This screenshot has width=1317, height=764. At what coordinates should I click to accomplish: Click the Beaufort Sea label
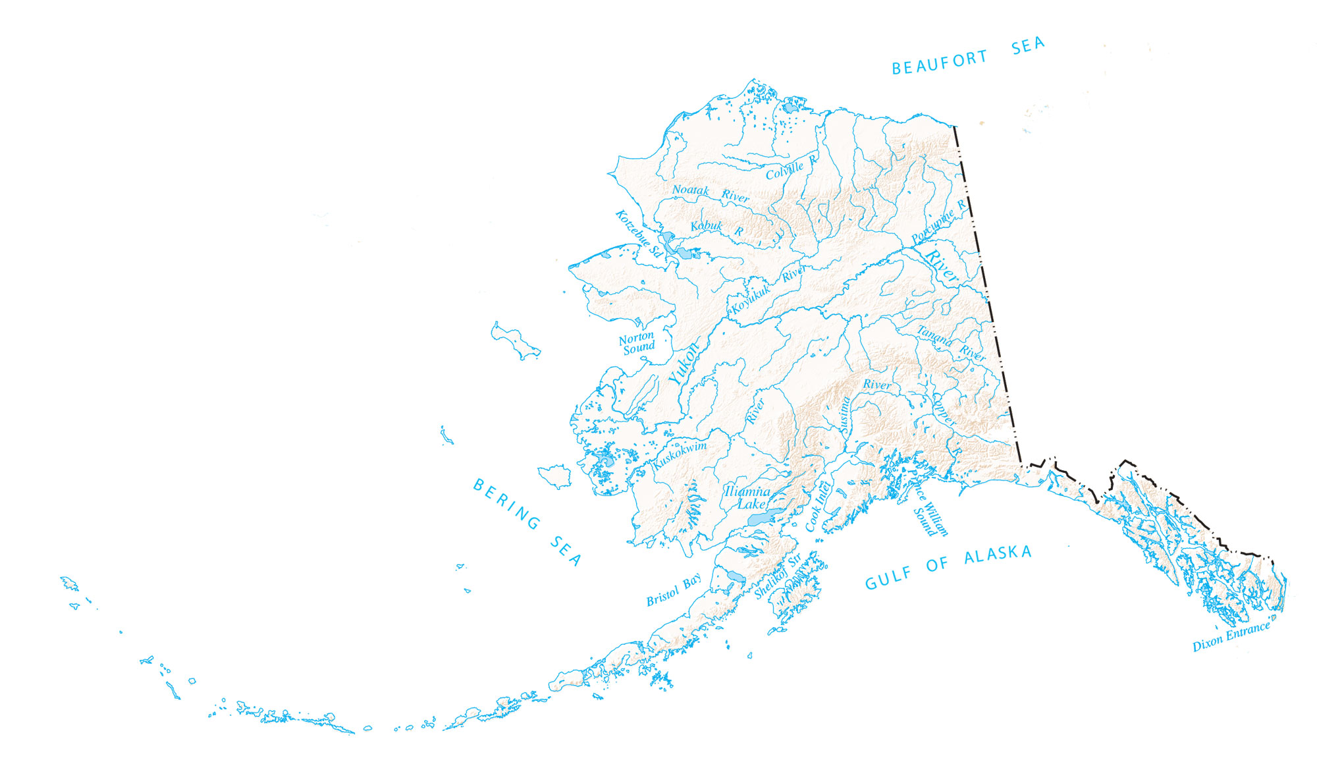[968, 55]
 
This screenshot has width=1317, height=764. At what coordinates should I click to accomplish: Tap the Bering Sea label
[527, 522]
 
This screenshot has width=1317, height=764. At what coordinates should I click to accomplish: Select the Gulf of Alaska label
[948, 567]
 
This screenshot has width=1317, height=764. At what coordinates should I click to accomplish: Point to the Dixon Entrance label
[1231, 636]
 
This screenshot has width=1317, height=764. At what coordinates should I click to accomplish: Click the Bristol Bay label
[673, 591]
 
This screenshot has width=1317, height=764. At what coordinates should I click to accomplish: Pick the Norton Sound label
[637, 343]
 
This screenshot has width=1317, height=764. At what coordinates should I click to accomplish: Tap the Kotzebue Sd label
[638, 232]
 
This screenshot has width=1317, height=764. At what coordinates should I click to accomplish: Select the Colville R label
[791, 167]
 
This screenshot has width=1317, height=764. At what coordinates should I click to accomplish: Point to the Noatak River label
[710, 193]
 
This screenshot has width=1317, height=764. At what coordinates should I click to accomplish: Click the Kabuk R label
[716, 227]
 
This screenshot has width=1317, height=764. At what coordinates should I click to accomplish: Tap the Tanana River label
[952, 343]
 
